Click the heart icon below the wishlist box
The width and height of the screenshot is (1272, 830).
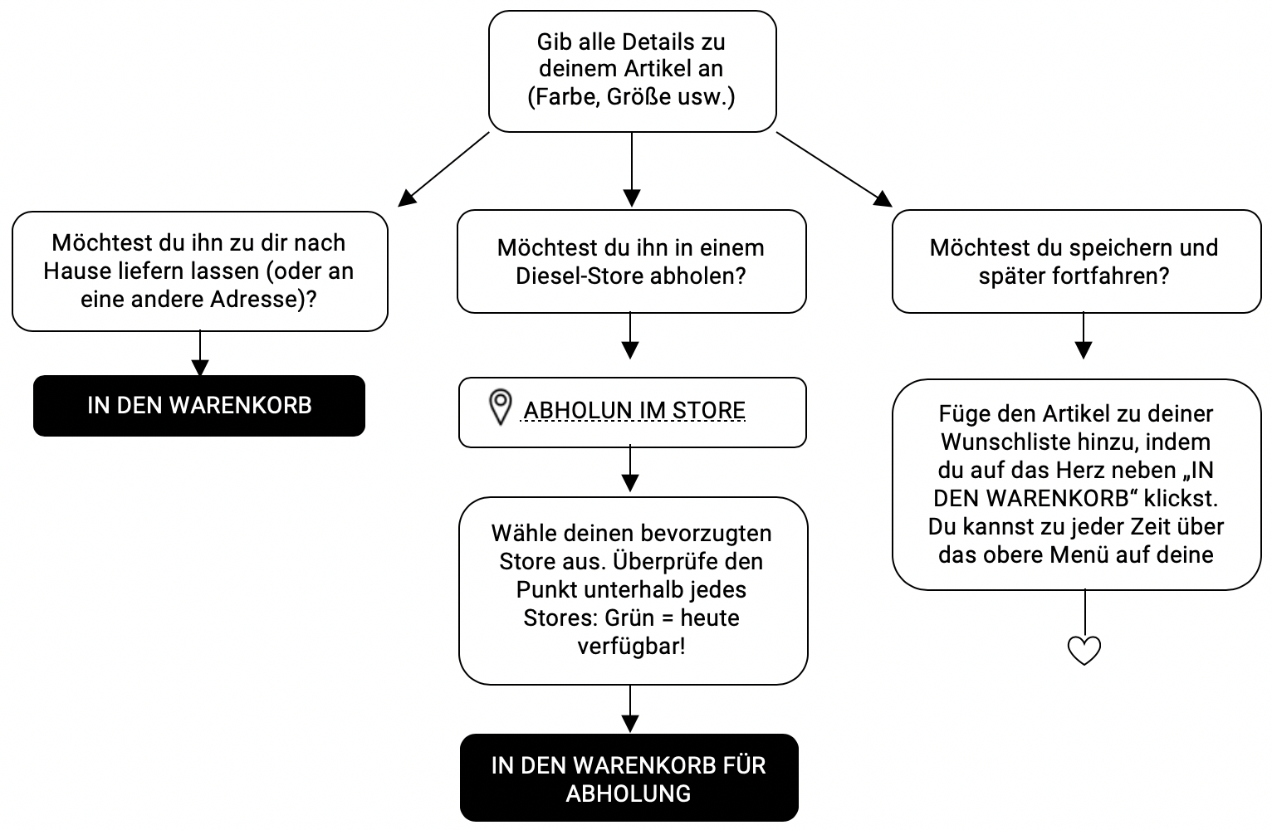pyautogui.click(x=1084, y=650)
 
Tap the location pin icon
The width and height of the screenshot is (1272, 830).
pyautogui.click(x=499, y=408)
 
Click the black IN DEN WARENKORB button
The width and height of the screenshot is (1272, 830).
pyautogui.click(x=199, y=405)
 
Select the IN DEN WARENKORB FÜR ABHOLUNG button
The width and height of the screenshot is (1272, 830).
pyautogui.click(x=629, y=779)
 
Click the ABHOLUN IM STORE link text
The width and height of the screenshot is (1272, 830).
pyautogui.click(x=634, y=411)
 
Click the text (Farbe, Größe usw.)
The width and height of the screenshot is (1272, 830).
pyautogui.click(x=631, y=96)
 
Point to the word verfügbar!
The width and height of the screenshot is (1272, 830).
pyautogui.click(x=631, y=647)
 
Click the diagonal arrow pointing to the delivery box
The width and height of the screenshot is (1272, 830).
pyautogui.click(x=443, y=168)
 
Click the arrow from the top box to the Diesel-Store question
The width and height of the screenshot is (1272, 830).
pyautogui.click(x=632, y=170)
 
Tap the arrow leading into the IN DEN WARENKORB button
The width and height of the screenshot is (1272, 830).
pyautogui.click(x=200, y=354)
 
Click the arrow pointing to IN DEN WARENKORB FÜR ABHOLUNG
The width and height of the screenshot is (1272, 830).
pyautogui.click(x=630, y=709)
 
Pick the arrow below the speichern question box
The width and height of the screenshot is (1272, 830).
pyautogui.click(x=1083, y=335)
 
